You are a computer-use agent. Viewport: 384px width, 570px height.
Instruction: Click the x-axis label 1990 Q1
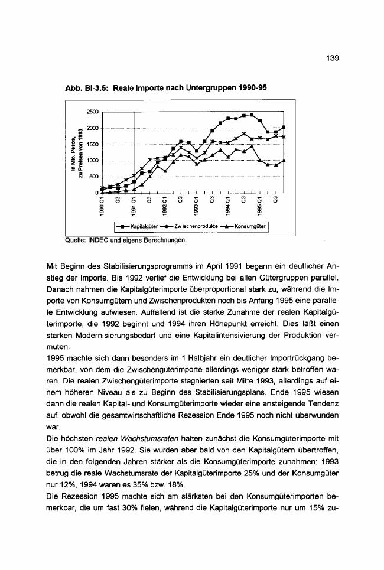(102, 209)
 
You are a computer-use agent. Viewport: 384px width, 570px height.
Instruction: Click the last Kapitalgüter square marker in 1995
(284, 128)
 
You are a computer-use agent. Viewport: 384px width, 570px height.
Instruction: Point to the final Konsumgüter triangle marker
(284, 161)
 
